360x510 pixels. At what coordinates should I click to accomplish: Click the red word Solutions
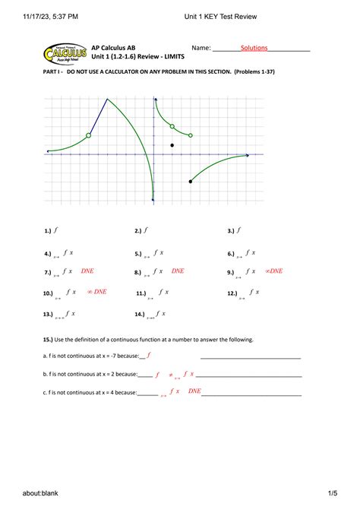coord(254,48)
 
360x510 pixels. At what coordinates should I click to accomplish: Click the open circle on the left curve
coord(89,135)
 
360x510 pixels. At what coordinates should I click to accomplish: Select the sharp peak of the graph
coord(107,99)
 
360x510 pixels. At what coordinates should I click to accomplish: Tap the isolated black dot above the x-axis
coord(172,145)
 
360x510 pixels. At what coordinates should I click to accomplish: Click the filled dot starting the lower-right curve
coord(191,182)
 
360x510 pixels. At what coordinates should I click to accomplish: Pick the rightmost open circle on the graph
coord(191,135)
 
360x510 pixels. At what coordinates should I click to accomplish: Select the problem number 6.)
coord(231,255)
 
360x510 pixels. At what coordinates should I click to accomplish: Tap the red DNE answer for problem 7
coord(87,271)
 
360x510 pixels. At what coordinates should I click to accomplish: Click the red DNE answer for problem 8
coord(178,271)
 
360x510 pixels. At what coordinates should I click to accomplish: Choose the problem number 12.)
coord(232,293)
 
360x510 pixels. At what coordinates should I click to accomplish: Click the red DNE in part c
coord(194,391)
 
